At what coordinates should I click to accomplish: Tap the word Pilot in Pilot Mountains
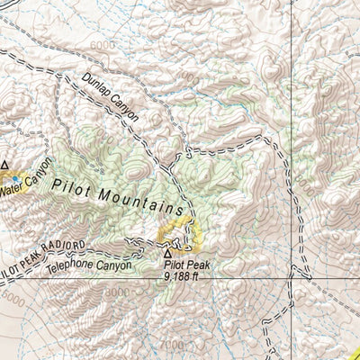click(72, 186)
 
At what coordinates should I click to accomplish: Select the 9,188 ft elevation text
click(185, 278)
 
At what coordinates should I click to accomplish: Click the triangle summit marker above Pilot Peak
click(167, 254)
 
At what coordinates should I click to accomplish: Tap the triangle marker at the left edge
click(4, 165)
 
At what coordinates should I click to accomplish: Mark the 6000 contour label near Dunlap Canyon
click(103, 45)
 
